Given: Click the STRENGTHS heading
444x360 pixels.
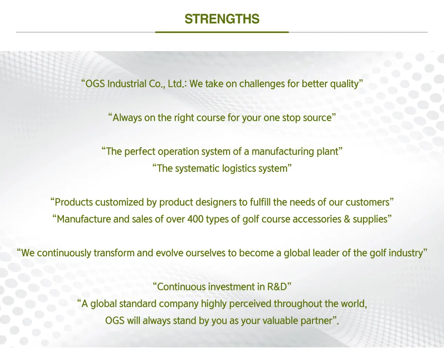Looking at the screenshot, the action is [x=222, y=19].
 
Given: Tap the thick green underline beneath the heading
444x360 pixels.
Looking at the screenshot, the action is [x=222, y=32].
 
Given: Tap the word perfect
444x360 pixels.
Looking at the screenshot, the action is [x=139, y=151].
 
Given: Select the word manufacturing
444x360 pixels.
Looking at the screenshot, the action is [x=283, y=152].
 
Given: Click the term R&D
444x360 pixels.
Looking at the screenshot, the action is [x=277, y=287].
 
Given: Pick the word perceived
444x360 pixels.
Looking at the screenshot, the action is [x=250, y=304].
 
